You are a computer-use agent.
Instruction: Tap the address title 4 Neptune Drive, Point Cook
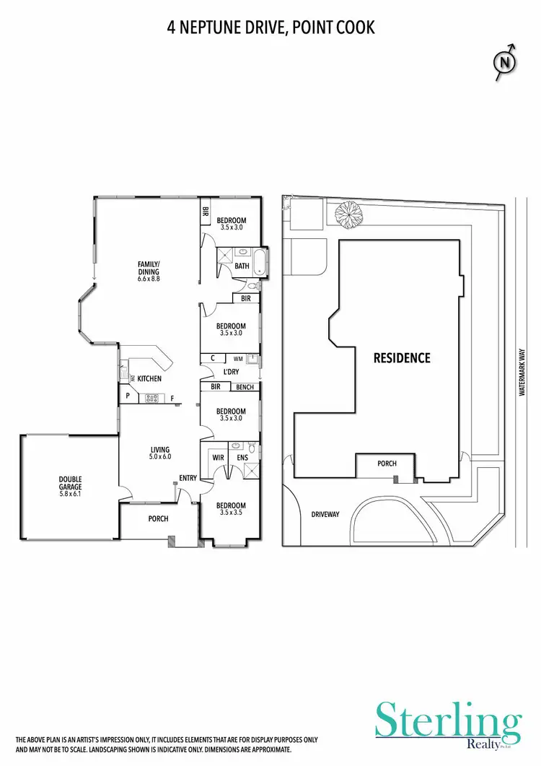pyautogui.click(x=270, y=27)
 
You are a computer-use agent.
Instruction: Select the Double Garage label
pyautogui.click(x=70, y=482)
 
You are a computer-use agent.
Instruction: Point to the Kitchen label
pyautogui.click(x=149, y=378)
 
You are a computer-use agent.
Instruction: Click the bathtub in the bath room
pyautogui.click(x=260, y=261)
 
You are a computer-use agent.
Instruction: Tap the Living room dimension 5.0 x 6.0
pyautogui.click(x=159, y=456)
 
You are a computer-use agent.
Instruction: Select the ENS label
pyautogui.click(x=242, y=458)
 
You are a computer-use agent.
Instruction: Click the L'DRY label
pyautogui.click(x=231, y=372)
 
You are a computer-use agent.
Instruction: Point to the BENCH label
pyautogui.click(x=245, y=387)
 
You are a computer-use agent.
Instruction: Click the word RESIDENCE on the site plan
pyautogui.click(x=402, y=358)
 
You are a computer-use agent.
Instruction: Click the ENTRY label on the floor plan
pyautogui.click(x=188, y=476)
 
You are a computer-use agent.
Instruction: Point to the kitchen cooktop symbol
pyautogui.click(x=152, y=397)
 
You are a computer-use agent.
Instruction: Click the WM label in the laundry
pyautogui.click(x=238, y=358)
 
